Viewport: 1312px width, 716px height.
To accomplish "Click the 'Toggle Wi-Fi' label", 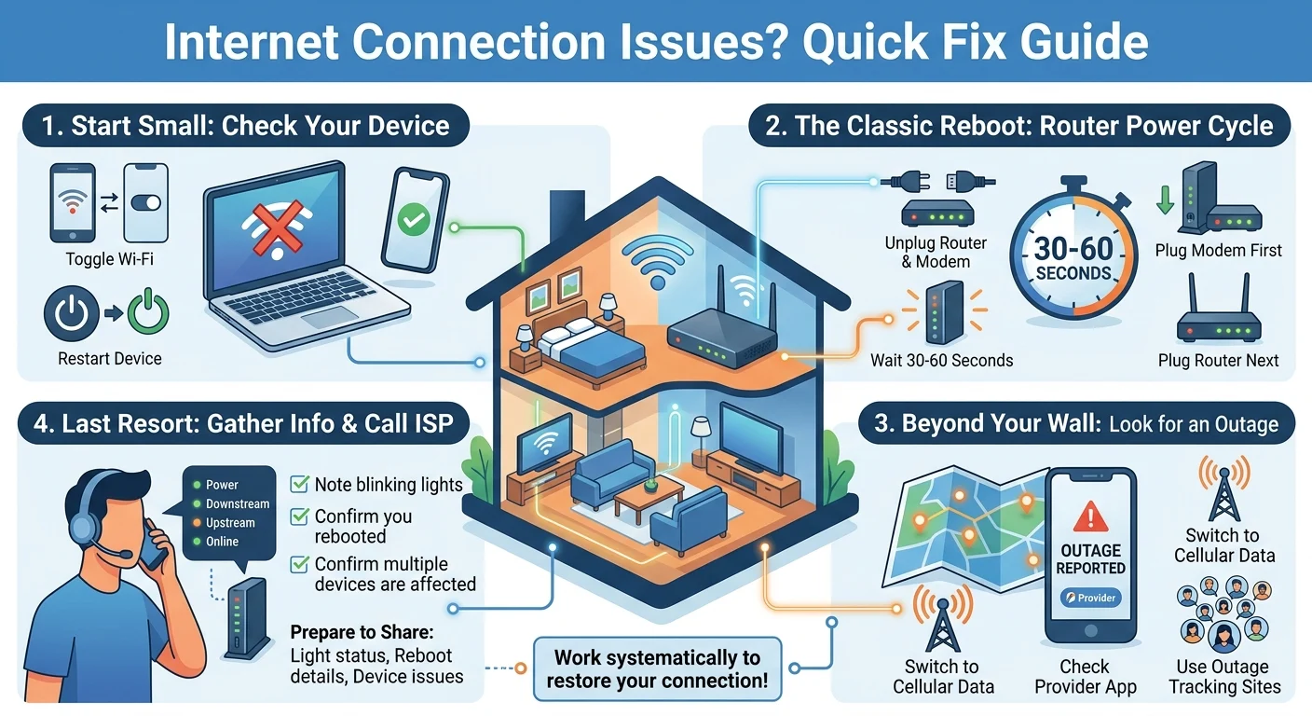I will coord(110,259).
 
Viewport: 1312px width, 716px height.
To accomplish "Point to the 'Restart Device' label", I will coord(110,358).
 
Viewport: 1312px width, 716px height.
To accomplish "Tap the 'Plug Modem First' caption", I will coord(1218,250).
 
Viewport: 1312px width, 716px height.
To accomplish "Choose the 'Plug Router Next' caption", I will coord(1218,360).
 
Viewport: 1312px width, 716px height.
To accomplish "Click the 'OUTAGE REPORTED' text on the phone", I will coord(1090,558).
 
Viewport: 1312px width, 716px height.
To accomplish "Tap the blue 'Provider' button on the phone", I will coord(1090,598).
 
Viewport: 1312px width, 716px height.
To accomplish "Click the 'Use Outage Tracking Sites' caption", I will coord(1223,677).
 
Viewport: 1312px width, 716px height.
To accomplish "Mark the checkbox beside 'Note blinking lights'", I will coord(299,484).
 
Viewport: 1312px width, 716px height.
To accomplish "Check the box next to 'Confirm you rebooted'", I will coord(299,516).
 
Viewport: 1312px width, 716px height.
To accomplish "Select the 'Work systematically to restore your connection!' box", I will coord(657,668).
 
